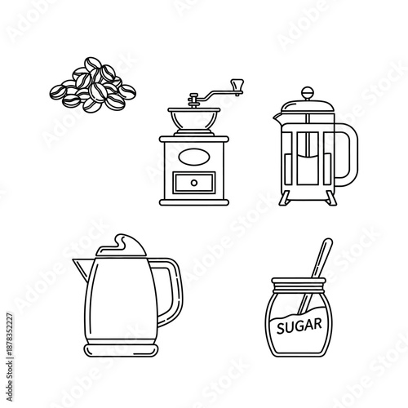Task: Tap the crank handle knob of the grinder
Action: click(237, 83)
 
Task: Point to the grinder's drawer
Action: click(193, 180)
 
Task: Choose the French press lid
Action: click(306, 106)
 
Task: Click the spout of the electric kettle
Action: click(82, 264)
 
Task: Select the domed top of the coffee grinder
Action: click(193, 120)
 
